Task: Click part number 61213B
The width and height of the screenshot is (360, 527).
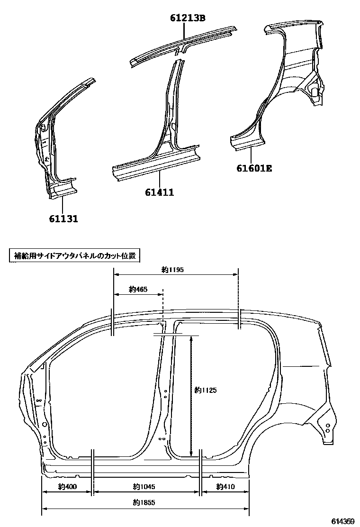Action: click(188, 18)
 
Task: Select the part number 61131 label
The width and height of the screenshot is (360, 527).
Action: click(63, 218)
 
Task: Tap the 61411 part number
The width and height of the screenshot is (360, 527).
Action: click(159, 192)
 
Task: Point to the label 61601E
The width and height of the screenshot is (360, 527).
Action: click(254, 167)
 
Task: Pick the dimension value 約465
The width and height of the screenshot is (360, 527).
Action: click(138, 289)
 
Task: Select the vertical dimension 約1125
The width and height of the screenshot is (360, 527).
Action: click(206, 390)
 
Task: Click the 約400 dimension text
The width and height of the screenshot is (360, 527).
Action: click(68, 487)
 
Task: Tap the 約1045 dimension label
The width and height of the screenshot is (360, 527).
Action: click(144, 487)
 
